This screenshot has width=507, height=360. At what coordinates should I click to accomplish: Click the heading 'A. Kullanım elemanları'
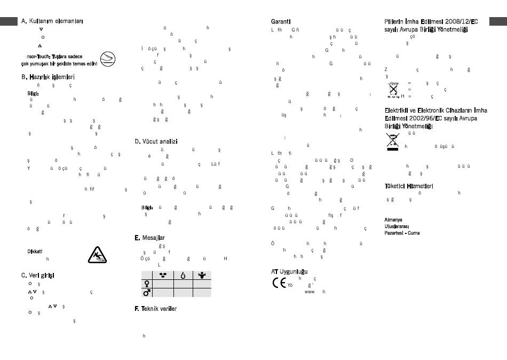(x=52, y=21)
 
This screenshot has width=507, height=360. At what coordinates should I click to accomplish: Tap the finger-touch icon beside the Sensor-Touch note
(x=108, y=59)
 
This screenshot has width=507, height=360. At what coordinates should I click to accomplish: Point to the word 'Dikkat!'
(x=35, y=251)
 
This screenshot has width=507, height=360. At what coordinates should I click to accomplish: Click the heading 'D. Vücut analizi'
(x=156, y=142)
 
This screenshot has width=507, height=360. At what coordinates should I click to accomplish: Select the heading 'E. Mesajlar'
(x=150, y=237)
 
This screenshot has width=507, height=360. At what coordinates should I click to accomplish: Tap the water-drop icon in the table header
(x=183, y=275)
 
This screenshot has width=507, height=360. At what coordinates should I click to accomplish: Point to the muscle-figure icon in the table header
(x=202, y=275)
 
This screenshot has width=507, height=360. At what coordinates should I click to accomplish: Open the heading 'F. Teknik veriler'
(x=155, y=309)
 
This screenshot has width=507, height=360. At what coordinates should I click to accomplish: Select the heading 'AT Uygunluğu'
(x=289, y=272)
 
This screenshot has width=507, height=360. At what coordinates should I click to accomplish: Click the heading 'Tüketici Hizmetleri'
(x=409, y=186)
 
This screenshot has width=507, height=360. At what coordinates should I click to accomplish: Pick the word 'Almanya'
(x=393, y=220)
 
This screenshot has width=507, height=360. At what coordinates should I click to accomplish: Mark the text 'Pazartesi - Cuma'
(x=402, y=233)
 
